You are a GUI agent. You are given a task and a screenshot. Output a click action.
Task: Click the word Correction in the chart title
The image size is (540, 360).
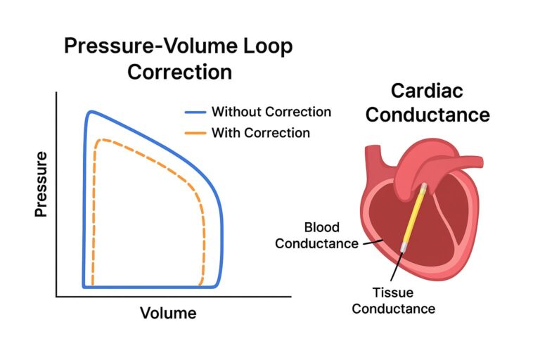pos(178,72)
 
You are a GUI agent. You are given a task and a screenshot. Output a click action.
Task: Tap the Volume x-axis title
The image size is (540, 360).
pos(168,312)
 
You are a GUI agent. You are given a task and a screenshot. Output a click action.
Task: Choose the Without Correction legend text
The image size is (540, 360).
pos(271,112)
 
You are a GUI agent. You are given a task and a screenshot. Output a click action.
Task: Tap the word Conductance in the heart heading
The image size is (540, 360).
pos(428,114)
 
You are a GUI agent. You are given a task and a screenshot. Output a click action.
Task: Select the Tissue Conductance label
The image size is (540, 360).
pos(393,300)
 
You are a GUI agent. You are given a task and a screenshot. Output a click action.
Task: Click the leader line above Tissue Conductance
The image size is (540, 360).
pos(397,267)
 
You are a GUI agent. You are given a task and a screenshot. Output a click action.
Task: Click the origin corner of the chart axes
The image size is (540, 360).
pos(57,297)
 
